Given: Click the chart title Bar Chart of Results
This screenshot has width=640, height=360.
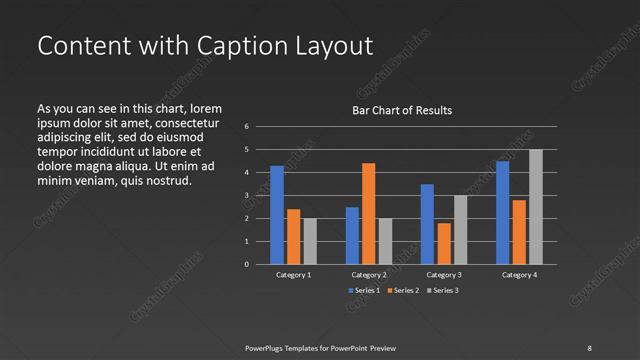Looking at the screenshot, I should point(401,110).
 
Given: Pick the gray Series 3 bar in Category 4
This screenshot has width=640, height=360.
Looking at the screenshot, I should point(535,207).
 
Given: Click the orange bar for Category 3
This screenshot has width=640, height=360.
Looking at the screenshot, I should point(444,243).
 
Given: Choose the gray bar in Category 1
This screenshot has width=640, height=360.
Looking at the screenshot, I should point(310,241).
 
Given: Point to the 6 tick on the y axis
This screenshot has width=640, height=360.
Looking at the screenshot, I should point(246,127).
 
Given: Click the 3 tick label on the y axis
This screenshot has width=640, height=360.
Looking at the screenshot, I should point(246,196).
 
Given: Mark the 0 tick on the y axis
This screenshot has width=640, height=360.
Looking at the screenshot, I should point(246,265).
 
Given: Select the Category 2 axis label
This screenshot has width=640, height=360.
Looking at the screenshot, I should point(369,274).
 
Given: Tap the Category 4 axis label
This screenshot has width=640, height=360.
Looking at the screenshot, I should point(519,274).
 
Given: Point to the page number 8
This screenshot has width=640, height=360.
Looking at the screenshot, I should point(589,347).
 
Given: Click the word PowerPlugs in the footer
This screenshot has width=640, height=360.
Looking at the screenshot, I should point(267,347).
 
